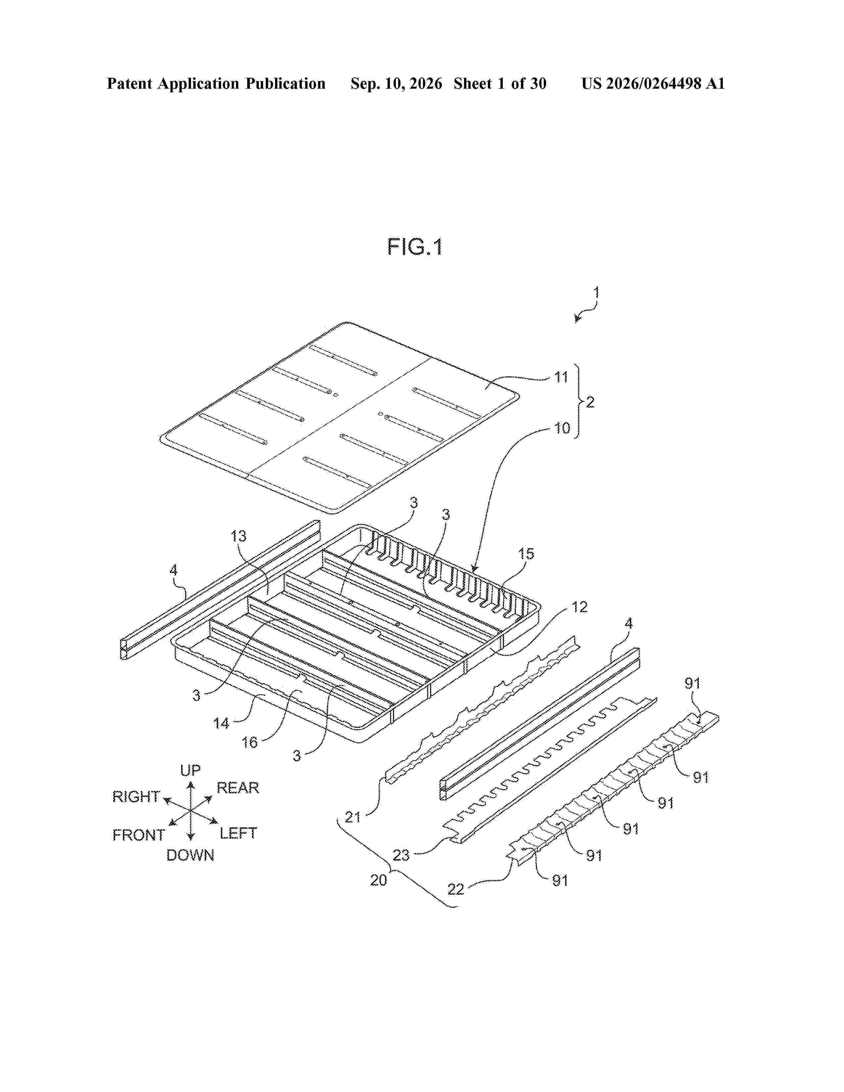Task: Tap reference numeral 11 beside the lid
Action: coord(561,377)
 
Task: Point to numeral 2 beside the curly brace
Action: coord(590,402)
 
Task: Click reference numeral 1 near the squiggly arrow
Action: coord(596,292)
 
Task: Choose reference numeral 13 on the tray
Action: coord(239,536)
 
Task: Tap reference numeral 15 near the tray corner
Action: coord(526,554)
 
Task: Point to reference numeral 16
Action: coord(250,743)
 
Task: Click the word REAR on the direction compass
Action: coord(238,788)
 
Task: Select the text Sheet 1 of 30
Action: coord(500,83)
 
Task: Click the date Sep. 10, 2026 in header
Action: coord(397,83)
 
